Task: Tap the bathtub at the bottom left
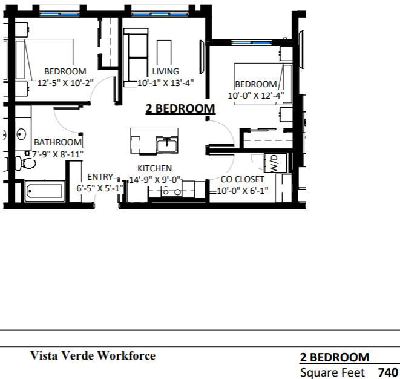(44, 191)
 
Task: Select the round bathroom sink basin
(21, 134)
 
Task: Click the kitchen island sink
(167, 145)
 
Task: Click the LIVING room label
(166, 71)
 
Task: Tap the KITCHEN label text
(154, 168)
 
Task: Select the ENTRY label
(100, 177)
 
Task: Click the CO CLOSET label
(242, 179)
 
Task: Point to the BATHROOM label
(57, 142)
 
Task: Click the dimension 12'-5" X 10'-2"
(65, 83)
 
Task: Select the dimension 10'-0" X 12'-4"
(256, 96)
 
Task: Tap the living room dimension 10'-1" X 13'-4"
(166, 83)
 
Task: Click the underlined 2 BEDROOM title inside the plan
(180, 109)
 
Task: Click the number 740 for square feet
(388, 372)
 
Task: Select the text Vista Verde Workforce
(93, 355)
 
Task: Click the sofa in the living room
(136, 58)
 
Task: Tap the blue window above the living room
(160, 14)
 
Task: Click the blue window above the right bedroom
(252, 42)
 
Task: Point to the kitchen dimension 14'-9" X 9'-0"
(155, 180)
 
